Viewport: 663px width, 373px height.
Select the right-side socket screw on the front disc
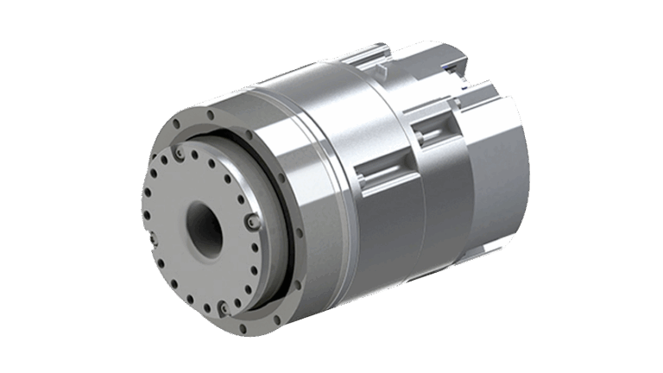(x=249, y=224)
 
